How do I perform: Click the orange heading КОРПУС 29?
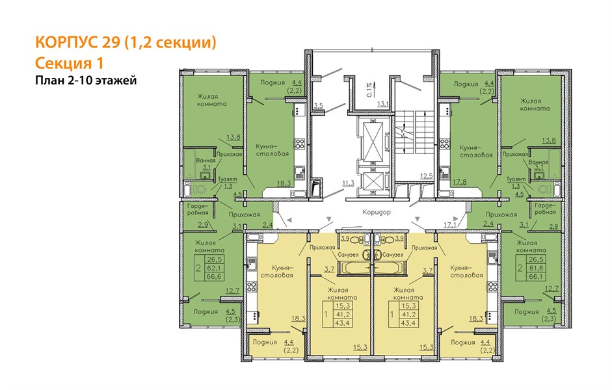point(77,42)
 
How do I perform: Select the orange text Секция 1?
point(69,63)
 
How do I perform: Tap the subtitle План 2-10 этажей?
point(86,81)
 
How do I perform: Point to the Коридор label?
point(377,212)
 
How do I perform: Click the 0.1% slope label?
point(369,89)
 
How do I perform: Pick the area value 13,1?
point(383,104)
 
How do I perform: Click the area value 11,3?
point(348,183)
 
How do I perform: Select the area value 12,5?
point(427,176)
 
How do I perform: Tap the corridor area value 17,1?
point(449,225)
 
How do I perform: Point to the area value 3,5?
point(319,106)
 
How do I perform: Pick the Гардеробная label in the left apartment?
point(198,209)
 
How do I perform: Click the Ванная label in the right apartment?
point(539,162)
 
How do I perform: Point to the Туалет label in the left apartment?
point(227,179)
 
